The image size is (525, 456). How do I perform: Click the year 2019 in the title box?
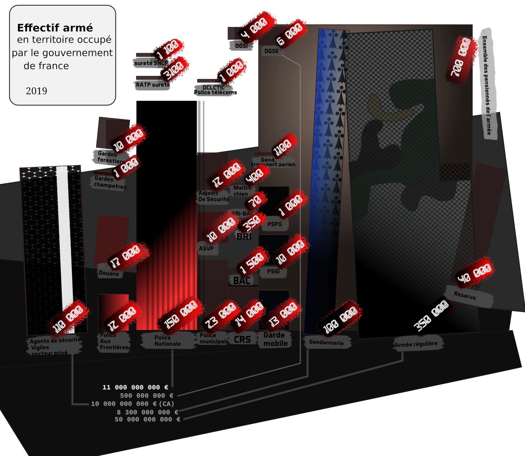36,91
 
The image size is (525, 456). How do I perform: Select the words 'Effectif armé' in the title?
55,28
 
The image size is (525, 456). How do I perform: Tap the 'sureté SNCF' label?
151,63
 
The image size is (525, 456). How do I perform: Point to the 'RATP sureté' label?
153,85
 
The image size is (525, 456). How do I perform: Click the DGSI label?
241,46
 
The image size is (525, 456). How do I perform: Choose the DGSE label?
272,51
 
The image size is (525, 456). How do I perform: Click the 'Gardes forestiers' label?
110,157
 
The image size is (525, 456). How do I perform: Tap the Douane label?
109,273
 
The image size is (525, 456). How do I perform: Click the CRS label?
242,339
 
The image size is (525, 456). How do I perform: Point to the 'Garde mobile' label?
275,339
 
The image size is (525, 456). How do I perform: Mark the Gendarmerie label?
326,343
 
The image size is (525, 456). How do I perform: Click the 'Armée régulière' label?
416,344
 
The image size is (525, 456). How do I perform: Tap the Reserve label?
465,296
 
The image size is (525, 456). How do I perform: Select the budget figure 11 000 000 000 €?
135,387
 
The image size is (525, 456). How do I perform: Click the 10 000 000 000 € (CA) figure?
133,404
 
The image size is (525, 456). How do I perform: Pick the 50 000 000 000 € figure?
147,419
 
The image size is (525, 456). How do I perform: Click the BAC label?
242,281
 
